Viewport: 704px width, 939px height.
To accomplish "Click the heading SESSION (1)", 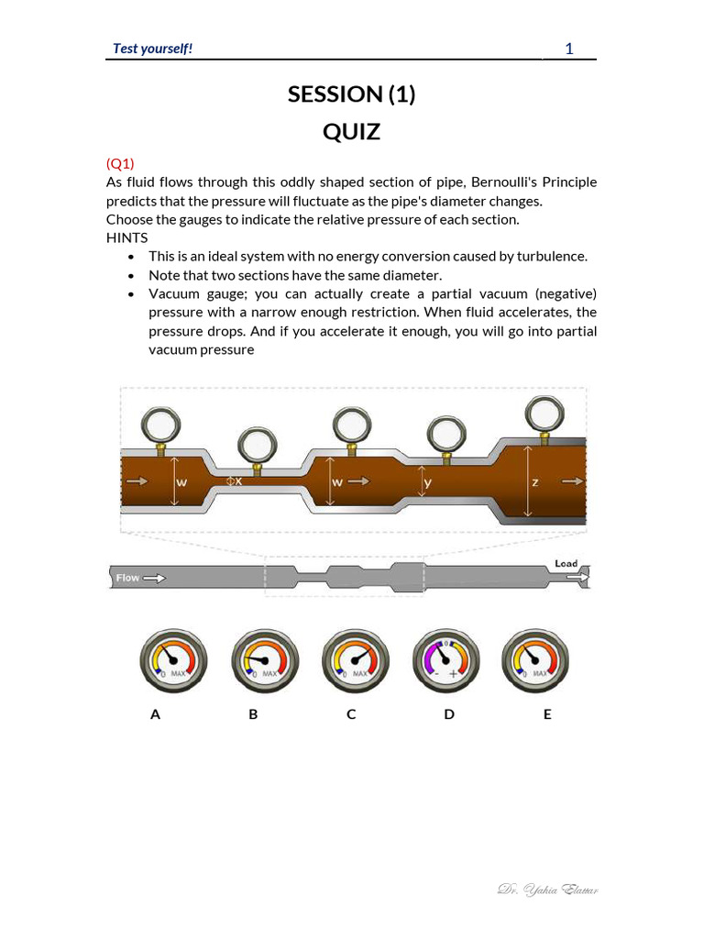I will click(x=351, y=94).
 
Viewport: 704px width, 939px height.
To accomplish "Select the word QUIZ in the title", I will click(x=351, y=132).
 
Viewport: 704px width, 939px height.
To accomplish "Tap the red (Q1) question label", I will click(x=120, y=163).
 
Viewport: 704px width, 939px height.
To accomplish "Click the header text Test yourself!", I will click(x=152, y=49).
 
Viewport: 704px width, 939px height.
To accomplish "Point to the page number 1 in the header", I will click(x=568, y=49).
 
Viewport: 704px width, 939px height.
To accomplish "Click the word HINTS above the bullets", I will click(x=126, y=238).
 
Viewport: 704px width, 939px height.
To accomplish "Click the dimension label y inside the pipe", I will click(x=428, y=481).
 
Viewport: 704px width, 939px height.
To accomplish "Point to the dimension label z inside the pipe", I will click(x=534, y=481).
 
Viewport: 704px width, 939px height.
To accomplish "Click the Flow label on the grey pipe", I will click(x=128, y=578).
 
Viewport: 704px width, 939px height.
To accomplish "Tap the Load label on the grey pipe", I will click(x=566, y=563).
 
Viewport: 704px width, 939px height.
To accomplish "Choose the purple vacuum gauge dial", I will click(x=445, y=661).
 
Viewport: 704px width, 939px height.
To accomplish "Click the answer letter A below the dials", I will click(x=155, y=714).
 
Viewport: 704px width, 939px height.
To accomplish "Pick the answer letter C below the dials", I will click(x=351, y=714).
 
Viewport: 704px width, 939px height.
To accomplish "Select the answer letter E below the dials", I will click(x=547, y=714).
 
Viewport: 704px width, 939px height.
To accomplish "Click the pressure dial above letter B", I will click(x=265, y=661).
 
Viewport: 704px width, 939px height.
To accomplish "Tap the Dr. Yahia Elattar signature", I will click(x=548, y=889).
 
